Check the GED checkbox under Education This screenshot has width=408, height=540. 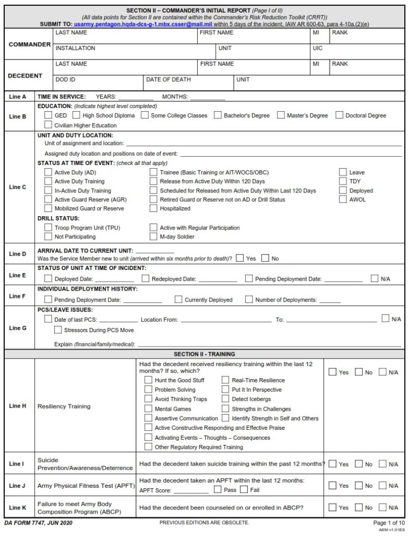48,115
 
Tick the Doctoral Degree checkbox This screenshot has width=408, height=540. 339,115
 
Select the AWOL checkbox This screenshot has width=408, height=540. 343,200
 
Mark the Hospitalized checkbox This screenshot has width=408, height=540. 153,208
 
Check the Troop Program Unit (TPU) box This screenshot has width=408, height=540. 48,228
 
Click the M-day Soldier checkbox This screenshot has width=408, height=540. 153,237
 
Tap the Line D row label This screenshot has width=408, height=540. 17,254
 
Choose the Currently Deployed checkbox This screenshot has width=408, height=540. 178,300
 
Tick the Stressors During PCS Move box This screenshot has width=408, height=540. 58,330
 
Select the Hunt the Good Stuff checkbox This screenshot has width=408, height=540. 148,380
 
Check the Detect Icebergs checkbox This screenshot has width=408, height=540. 225,399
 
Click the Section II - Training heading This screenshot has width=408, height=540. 204,354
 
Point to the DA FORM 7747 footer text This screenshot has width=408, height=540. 38,523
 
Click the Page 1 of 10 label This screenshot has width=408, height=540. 387,523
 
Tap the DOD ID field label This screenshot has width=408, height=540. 65,80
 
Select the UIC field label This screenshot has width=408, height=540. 318,48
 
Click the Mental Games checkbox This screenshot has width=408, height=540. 148,409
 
